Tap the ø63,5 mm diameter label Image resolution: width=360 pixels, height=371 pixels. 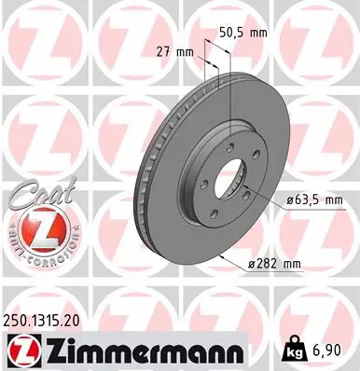click(313, 199)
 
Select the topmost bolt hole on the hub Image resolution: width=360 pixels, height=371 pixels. click(229, 142)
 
